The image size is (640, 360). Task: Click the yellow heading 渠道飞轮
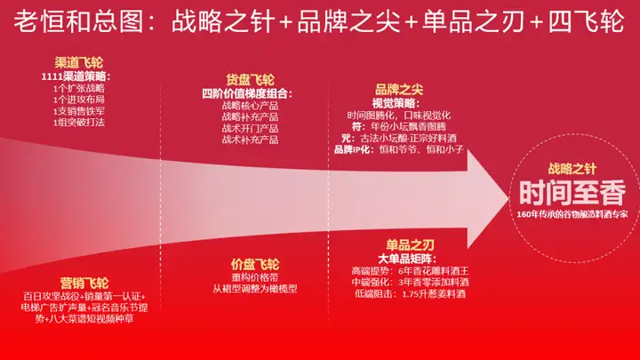[x=79, y=63]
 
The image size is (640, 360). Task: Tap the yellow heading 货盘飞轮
[x=250, y=79]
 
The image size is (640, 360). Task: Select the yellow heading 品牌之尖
[x=397, y=89]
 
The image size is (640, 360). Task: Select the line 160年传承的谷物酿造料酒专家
[x=572, y=214]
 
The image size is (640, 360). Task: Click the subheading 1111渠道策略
[x=79, y=76]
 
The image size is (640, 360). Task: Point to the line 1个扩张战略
[x=79, y=88]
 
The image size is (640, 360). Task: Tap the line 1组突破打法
[x=79, y=123]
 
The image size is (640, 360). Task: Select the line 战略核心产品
[x=250, y=105]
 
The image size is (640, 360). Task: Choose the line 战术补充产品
[x=250, y=140]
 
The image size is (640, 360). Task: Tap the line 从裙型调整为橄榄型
[x=255, y=289]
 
